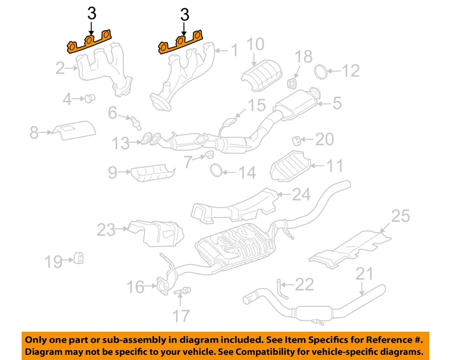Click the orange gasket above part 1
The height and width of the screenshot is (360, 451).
pyautogui.click(x=181, y=44)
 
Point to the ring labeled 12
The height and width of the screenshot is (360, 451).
pyautogui.click(x=319, y=70)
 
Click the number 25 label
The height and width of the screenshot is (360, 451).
pyautogui.click(x=400, y=216)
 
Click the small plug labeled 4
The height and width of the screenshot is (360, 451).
pyautogui.click(x=88, y=98)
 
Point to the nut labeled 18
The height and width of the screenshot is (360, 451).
pyautogui.click(x=292, y=84)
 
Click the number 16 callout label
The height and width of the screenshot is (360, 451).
pyautogui.click(x=136, y=286)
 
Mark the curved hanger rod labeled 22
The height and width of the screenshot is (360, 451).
pyautogui.click(x=281, y=288)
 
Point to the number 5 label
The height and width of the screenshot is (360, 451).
pyautogui.click(x=337, y=103)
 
